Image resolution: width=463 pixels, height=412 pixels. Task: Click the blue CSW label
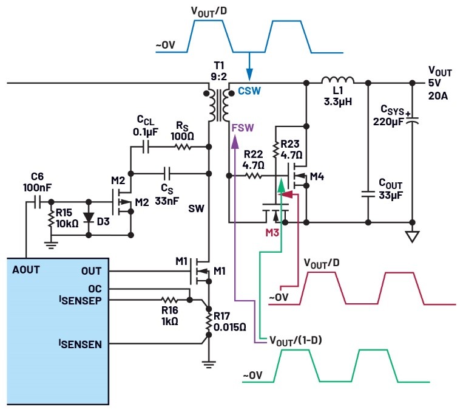(x=249, y=91)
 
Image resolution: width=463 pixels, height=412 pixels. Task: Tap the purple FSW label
(x=243, y=128)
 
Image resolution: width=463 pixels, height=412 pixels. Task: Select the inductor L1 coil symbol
(x=337, y=80)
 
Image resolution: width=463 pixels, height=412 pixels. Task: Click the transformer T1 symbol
(x=218, y=105)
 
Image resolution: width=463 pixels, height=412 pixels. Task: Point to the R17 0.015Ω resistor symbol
(x=209, y=322)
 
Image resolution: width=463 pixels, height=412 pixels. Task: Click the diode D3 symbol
(x=89, y=218)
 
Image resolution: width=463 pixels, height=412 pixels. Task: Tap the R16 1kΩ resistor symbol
(x=169, y=300)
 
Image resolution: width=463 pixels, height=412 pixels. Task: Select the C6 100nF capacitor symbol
(x=37, y=202)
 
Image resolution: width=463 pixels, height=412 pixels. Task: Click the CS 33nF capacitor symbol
(x=167, y=173)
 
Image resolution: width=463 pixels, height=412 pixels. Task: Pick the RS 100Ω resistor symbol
(x=183, y=146)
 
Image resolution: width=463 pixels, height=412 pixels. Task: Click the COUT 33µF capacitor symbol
(x=368, y=194)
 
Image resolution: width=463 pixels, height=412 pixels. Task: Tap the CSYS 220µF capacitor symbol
(x=413, y=121)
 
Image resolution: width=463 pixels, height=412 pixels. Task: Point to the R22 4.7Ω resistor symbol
(x=254, y=176)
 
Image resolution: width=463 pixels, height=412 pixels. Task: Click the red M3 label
(x=272, y=233)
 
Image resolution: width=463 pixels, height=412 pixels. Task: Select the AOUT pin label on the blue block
(x=26, y=270)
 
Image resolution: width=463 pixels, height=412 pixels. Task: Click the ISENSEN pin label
(x=80, y=344)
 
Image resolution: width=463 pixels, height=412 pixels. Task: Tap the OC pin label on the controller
(x=95, y=289)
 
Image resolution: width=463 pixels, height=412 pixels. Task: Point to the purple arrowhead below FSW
(x=235, y=142)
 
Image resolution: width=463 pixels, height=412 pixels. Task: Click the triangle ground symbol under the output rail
(x=413, y=236)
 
